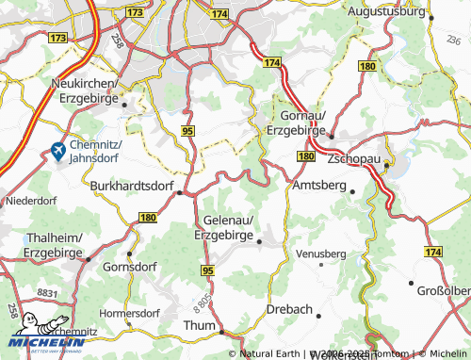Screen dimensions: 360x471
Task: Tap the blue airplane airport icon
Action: point(57,150)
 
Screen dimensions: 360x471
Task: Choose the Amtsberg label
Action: point(319,186)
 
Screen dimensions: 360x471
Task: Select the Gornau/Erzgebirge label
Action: point(296,122)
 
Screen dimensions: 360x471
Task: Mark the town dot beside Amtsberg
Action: point(352,191)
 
